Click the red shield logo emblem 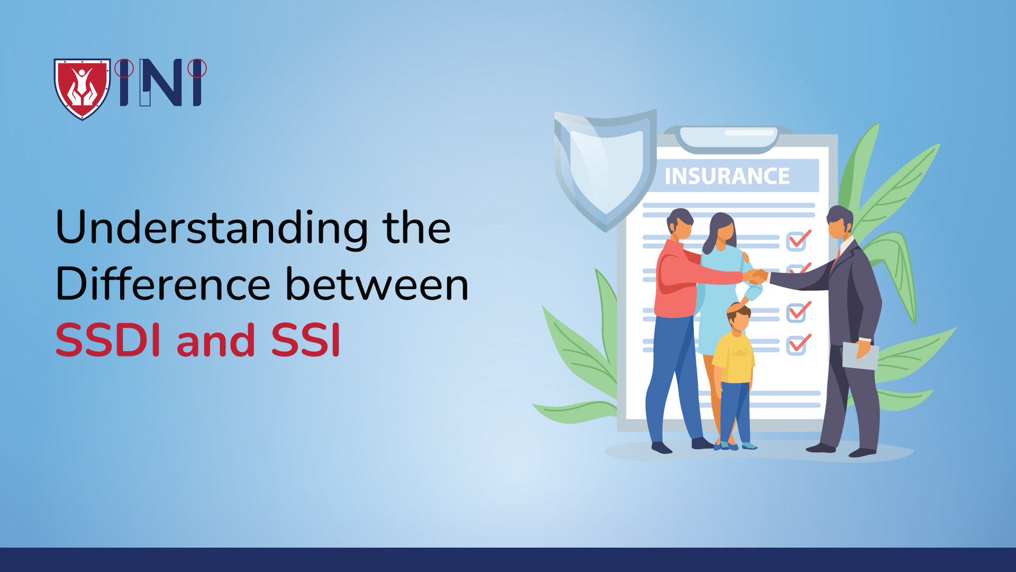(x=82, y=88)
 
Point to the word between (x=377, y=284)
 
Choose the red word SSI (x=305, y=341)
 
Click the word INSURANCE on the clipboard (x=727, y=176)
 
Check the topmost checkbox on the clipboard (x=797, y=240)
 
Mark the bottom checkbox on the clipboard (x=797, y=345)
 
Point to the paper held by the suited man (x=860, y=356)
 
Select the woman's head (x=722, y=229)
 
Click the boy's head (x=739, y=316)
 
